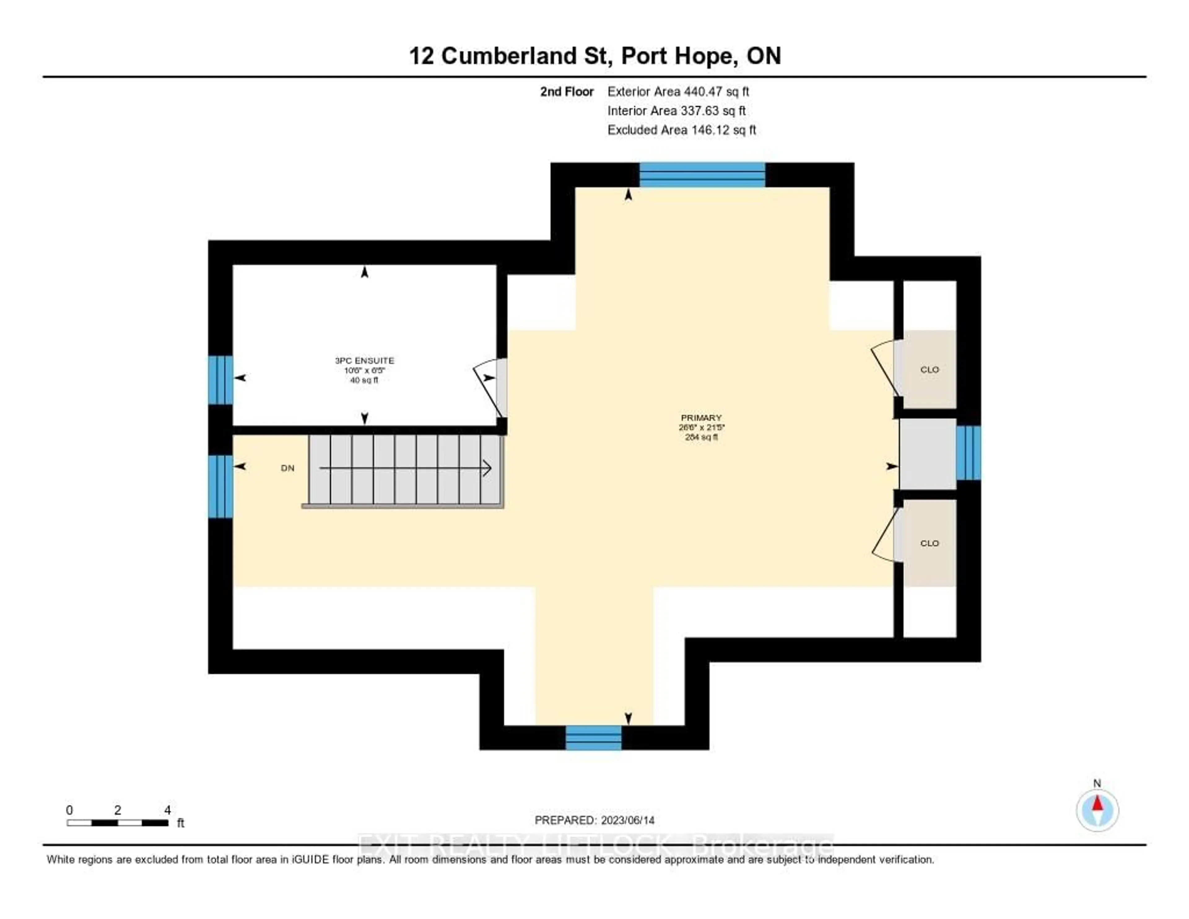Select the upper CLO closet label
pos(929,369)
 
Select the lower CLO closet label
pos(929,543)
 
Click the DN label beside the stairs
pos(287,468)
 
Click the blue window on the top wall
pos(702,175)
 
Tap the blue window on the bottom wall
pos(593,738)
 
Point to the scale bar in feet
pos(118,822)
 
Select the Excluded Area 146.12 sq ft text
pos(682,130)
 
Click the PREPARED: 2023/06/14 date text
pos(594,820)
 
